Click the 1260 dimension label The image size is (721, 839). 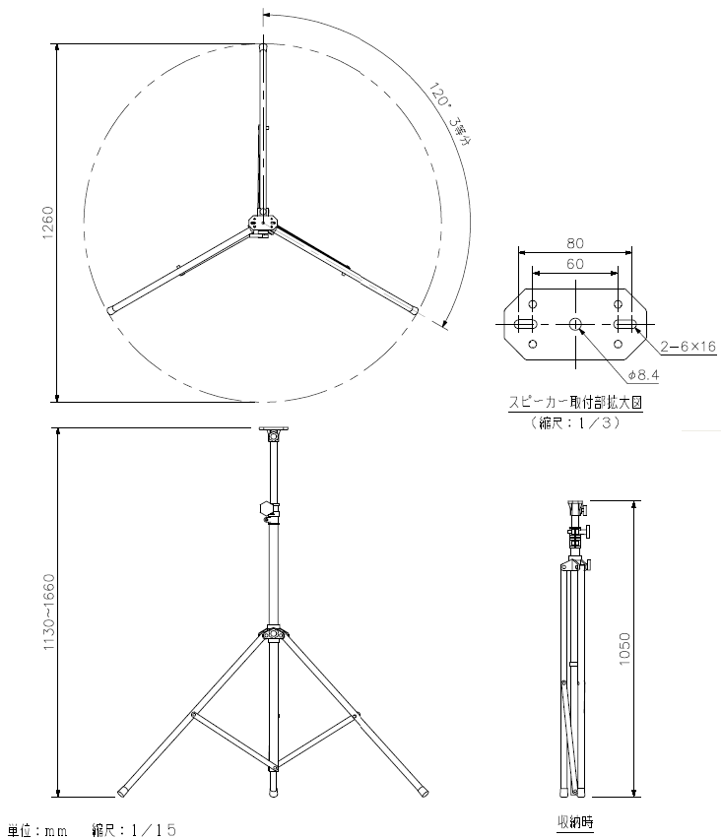click(x=47, y=222)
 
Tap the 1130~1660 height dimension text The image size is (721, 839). click(x=48, y=613)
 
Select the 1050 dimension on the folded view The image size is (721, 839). click(x=624, y=649)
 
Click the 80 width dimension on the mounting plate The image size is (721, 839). click(x=575, y=243)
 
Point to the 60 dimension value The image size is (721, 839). click(x=575, y=264)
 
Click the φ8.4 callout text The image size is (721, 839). click(x=643, y=375)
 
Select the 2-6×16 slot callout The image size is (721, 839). click(x=688, y=347)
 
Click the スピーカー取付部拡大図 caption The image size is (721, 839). click(x=575, y=403)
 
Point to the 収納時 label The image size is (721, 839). click(x=575, y=821)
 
